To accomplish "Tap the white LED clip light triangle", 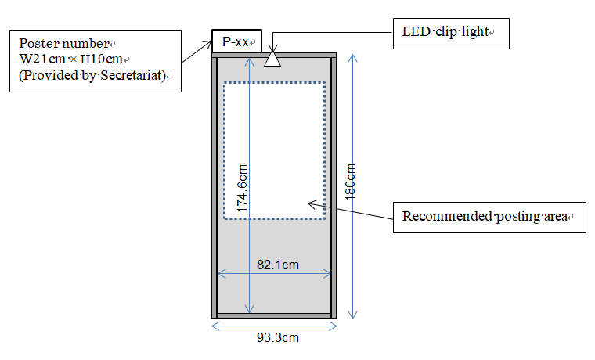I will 272,59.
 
